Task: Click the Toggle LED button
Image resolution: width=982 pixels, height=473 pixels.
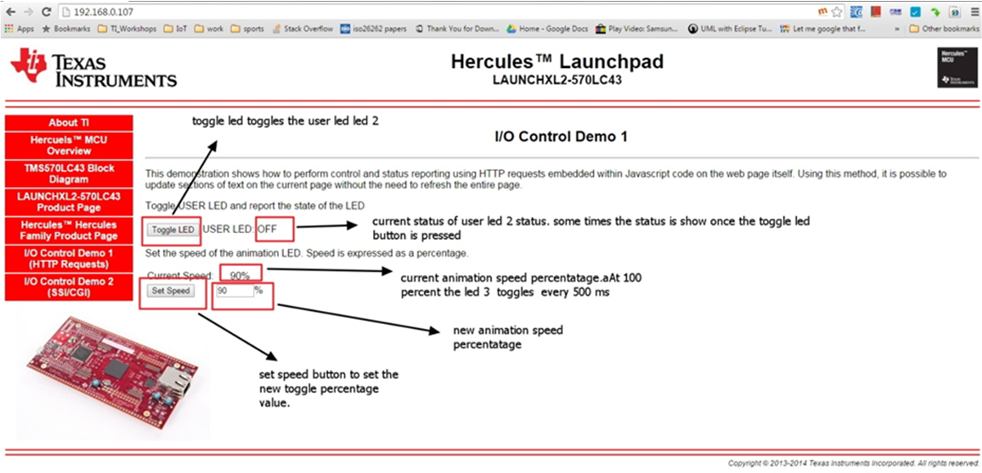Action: pos(173,230)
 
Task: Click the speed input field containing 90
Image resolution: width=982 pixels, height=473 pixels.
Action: pos(234,291)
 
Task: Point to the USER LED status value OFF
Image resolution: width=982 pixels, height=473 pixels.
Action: pos(267,230)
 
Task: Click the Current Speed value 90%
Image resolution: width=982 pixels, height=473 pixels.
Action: pos(240,275)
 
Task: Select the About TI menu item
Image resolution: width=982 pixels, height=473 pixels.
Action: pos(69,123)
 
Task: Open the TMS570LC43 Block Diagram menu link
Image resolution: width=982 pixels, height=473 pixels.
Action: pos(69,173)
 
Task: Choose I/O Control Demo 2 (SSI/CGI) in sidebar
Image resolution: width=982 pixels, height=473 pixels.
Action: pos(69,287)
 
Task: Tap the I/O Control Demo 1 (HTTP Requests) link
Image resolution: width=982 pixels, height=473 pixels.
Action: pos(69,259)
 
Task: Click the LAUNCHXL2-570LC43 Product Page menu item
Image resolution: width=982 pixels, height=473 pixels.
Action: pos(69,202)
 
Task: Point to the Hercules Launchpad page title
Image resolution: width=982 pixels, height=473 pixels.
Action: pos(556,62)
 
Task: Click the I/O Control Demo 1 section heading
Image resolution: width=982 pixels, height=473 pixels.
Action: pos(561,137)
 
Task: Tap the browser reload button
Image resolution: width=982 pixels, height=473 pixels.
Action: pos(46,12)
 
